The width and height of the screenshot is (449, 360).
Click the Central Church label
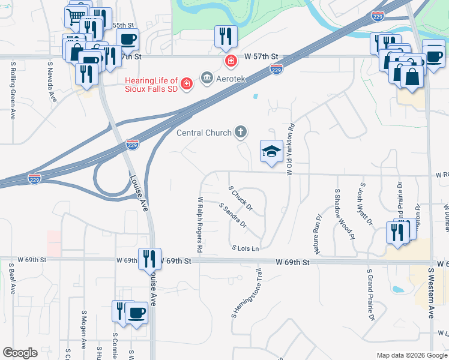[x=203, y=132]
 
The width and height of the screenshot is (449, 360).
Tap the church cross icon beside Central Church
[x=240, y=131]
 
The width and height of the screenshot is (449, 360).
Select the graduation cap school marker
[x=271, y=152]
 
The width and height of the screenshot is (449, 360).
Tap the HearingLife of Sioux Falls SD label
[x=151, y=85]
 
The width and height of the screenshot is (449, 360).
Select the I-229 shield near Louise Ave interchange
[x=133, y=145]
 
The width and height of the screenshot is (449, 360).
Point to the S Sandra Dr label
[x=233, y=215]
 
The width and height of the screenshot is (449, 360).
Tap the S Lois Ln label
[x=245, y=248]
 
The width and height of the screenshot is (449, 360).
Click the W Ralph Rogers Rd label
[x=200, y=223]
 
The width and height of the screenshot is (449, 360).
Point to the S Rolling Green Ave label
[x=13, y=91]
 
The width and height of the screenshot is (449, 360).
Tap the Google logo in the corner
[x=20, y=353]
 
